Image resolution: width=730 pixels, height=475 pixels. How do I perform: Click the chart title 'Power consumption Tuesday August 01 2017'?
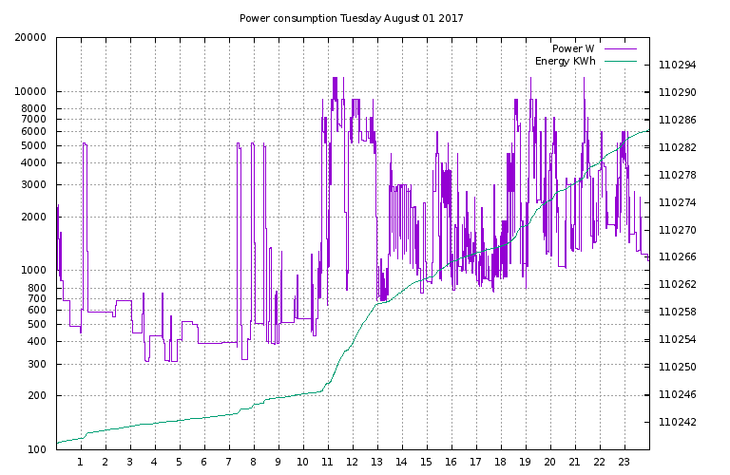tap(351, 18)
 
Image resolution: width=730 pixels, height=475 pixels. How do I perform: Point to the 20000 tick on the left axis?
tap(30, 38)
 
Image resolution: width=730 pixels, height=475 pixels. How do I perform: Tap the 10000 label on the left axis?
tap(30, 92)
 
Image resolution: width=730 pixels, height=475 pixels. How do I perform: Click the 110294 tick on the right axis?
tap(678, 66)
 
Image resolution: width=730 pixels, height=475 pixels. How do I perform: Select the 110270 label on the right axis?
tap(678, 230)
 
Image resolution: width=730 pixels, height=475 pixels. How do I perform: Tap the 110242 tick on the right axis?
tap(678, 422)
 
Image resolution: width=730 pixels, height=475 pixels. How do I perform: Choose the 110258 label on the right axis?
tap(678, 312)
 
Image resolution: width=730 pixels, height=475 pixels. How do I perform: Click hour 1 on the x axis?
tap(81, 463)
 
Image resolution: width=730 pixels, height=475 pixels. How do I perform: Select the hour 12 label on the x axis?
tap(353, 463)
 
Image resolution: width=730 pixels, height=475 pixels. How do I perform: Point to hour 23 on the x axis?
tap(624, 463)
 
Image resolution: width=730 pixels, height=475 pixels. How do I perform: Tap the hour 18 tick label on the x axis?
tap(501, 463)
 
